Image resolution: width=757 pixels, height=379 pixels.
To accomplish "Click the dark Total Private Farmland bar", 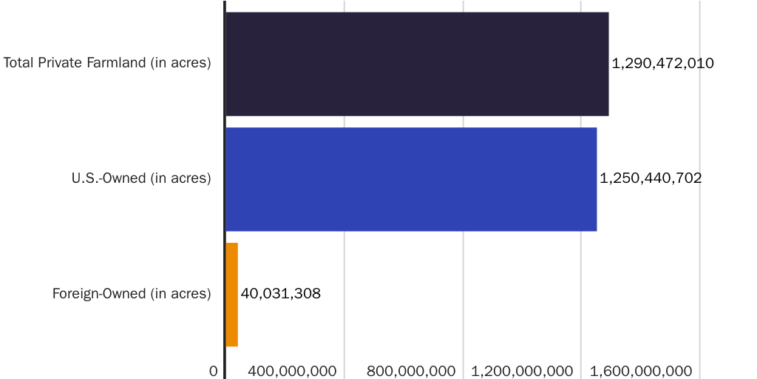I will click(x=416, y=64).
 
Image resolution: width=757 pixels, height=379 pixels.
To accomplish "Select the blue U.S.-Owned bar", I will click(x=410, y=178).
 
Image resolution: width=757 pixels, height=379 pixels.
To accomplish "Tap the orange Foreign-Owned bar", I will click(x=231, y=294).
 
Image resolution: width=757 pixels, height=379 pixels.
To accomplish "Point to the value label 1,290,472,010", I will click(x=662, y=64).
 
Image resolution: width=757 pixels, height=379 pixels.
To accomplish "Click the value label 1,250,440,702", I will click(x=651, y=178).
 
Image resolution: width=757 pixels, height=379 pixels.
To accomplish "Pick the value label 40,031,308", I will click(x=281, y=294).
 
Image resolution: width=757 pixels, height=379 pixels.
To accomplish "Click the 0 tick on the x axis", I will click(x=214, y=371).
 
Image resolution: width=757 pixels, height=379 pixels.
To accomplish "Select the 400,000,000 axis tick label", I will click(x=292, y=371).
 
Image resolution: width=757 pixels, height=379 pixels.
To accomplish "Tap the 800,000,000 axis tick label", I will click(x=411, y=371).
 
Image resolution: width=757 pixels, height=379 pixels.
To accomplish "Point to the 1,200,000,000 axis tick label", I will click(x=522, y=371).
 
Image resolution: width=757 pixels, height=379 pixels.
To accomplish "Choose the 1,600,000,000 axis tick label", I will click(x=640, y=371).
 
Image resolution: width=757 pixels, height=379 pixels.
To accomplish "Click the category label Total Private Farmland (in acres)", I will click(x=107, y=63).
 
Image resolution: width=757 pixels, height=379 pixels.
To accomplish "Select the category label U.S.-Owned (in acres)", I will click(x=141, y=178).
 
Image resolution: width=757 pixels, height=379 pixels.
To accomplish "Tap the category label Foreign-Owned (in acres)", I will click(x=132, y=294).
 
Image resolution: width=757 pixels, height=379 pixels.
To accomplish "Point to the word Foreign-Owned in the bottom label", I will click(x=99, y=294).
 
